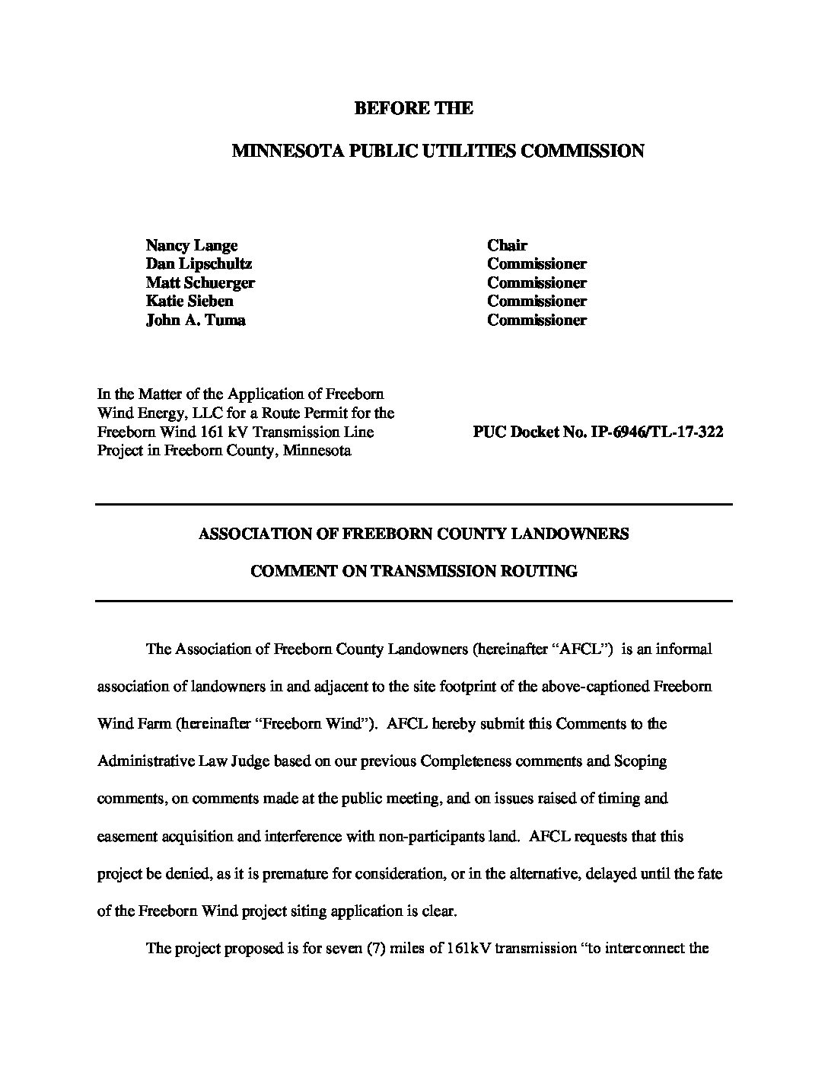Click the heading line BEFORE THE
tap(413, 108)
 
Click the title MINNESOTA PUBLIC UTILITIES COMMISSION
tap(438, 151)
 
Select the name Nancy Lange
tap(192, 245)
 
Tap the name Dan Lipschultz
tap(199, 263)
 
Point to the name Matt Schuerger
tap(200, 282)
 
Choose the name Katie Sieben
tap(189, 301)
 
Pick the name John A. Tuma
tap(196, 320)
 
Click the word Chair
tap(507, 245)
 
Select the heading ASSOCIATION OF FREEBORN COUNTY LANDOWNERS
tap(413, 534)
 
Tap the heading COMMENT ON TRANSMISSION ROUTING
tap(413, 571)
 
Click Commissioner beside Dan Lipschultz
tap(537, 263)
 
